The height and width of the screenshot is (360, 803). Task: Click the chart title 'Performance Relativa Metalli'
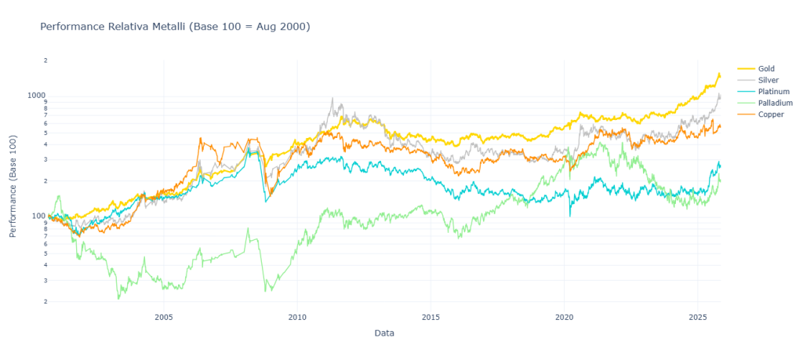(174, 27)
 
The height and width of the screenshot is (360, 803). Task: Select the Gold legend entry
(766, 68)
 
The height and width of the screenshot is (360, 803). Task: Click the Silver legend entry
(768, 80)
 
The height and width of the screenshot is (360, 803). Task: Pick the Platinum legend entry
(773, 92)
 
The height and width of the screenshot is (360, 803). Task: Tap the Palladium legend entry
(775, 103)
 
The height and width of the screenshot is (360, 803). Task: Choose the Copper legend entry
(771, 115)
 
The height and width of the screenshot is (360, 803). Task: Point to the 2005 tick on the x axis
(163, 318)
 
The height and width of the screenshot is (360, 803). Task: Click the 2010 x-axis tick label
(297, 318)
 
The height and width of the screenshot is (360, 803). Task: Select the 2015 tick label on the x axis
(431, 318)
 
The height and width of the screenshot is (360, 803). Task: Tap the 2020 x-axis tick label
(565, 318)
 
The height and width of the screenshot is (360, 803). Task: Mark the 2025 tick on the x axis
(698, 318)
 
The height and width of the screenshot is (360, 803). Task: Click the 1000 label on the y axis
(38, 95)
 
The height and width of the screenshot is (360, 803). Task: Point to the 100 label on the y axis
(40, 216)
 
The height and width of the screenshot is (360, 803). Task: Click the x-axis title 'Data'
(384, 333)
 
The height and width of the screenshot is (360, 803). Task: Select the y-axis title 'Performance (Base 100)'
(13, 184)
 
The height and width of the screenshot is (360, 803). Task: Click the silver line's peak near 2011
(332, 99)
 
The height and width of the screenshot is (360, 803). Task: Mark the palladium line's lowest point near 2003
(119, 299)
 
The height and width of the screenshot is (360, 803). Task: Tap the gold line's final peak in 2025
(718, 74)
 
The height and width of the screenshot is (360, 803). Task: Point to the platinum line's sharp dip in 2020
(570, 215)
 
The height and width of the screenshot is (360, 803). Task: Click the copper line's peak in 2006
(201, 138)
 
